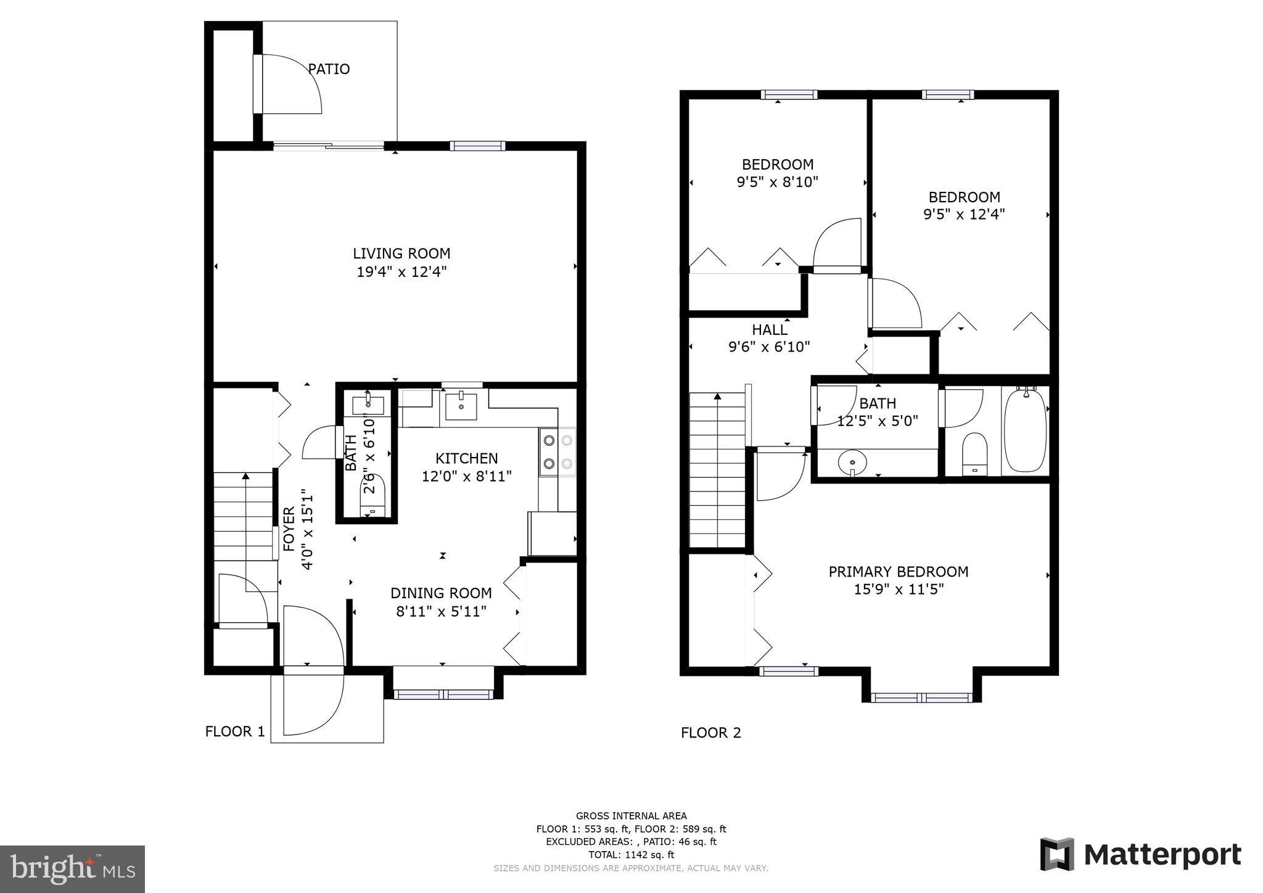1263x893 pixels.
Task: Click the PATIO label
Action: tap(329, 69)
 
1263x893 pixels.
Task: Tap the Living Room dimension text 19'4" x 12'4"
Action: tap(401, 271)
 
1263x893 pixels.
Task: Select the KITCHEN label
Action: tap(466, 458)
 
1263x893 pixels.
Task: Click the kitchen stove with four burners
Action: tap(557, 452)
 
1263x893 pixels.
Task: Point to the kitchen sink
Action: tap(461, 406)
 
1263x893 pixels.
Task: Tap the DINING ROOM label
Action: tap(441, 593)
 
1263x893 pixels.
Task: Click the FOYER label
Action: tap(289, 529)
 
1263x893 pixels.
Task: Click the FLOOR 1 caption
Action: tap(235, 731)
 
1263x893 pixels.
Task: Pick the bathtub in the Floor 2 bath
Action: tap(1025, 430)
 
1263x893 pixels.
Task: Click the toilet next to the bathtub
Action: tap(974, 454)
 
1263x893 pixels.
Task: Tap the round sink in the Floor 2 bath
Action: tap(852, 461)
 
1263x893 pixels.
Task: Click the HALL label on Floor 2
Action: tap(769, 330)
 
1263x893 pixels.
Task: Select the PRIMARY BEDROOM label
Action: tap(898, 572)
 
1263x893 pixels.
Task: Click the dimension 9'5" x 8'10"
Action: tap(777, 182)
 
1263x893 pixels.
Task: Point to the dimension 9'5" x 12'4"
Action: tap(964, 215)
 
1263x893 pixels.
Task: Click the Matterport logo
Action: tap(1140, 855)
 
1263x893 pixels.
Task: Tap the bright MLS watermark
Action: tap(72, 869)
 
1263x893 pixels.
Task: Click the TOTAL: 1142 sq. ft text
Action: tap(631, 855)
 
